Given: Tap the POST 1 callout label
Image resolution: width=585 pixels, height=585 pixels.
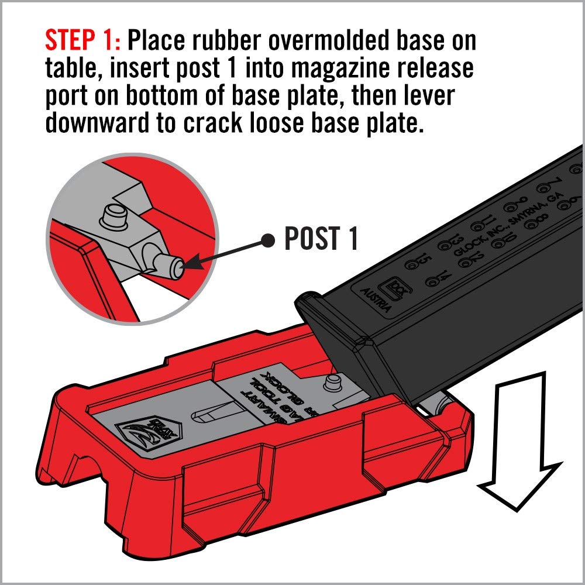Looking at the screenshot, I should click(321, 239).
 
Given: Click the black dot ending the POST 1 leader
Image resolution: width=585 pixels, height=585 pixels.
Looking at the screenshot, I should click(268, 238).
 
